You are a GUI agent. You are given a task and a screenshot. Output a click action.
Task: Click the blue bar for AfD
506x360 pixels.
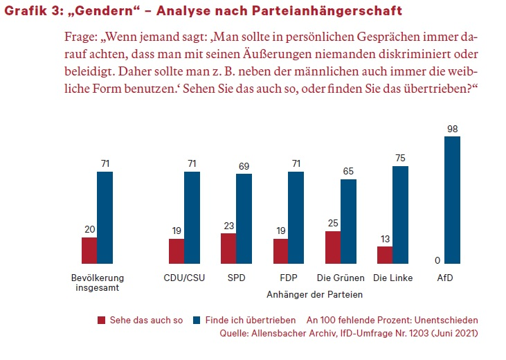(452, 200)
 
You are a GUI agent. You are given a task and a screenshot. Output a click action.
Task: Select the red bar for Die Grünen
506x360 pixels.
(333, 247)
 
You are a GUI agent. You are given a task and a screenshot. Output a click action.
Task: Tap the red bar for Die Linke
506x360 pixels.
(385, 255)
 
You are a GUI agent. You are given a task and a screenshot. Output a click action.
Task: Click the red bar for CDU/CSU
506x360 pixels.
(177, 251)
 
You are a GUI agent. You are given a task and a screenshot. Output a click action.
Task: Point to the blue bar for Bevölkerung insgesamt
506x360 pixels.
(105, 217)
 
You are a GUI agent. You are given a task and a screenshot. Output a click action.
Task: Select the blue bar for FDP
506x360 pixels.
(296, 217)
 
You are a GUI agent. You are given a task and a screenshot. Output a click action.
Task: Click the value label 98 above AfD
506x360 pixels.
(452, 128)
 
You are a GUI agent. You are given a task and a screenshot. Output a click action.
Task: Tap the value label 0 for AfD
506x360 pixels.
(437, 260)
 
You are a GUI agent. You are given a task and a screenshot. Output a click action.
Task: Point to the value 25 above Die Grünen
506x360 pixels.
(333, 223)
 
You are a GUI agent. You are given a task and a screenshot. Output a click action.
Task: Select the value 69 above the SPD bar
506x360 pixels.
(244, 166)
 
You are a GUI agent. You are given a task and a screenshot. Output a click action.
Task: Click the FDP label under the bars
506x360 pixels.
(289, 278)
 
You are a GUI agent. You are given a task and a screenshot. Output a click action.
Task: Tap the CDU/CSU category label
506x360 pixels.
(184, 278)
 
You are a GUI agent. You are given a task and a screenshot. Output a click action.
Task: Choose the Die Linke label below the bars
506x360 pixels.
(392, 278)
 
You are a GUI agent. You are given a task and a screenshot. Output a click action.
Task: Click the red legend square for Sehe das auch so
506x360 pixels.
(102, 321)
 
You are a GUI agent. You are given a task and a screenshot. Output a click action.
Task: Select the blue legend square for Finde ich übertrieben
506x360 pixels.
(196, 321)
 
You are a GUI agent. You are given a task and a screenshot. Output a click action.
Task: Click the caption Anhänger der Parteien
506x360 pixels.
(315, 294)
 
